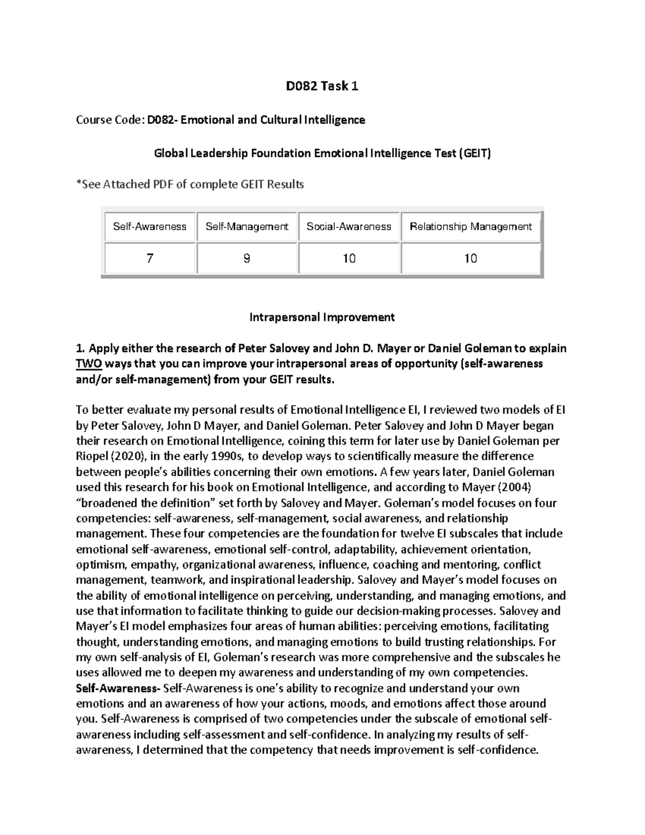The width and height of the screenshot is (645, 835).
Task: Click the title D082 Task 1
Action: (x=322, y=85)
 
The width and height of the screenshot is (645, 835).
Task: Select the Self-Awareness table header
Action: (x=149, y=226)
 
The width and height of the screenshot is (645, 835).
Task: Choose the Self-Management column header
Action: (x=247, y=226)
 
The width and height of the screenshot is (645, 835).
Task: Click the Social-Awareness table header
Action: (x=349, y=226)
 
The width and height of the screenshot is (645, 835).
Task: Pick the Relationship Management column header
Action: (x=471, y=226)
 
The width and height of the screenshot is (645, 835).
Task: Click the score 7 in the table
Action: (x=149, y=259)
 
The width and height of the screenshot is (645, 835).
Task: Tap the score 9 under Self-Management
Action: (x=247, y=259)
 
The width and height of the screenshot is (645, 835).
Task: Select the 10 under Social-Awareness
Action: (x=349, y=259)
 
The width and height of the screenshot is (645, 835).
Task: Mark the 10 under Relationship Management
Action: (x=471, y=259)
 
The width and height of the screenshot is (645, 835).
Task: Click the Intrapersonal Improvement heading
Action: (x=322, y=317)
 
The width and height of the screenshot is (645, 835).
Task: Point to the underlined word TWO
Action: (x=89, y=364)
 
